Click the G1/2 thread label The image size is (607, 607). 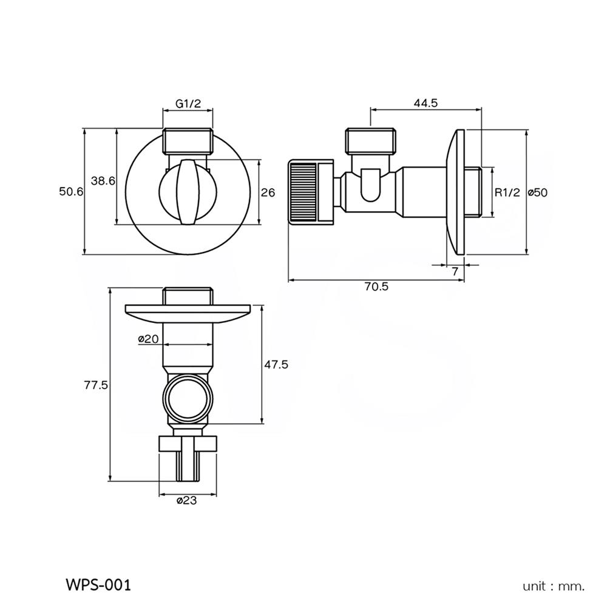[188, 104]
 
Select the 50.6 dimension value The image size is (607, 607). [70, 192]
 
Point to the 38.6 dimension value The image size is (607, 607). [103, 180]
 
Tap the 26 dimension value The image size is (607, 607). [268, 192]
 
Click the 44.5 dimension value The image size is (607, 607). [426, 103]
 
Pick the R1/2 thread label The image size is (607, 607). [507, 192]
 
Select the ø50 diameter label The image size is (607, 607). [538, 192]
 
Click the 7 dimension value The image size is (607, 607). [455, 271]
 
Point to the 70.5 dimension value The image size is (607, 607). [376, 287]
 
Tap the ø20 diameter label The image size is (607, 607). [148, 339]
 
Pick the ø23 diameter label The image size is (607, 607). [188, 501]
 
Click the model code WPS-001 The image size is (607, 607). [97, 585]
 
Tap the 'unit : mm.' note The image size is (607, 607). [554, 586]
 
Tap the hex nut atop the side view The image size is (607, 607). [371, 141]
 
